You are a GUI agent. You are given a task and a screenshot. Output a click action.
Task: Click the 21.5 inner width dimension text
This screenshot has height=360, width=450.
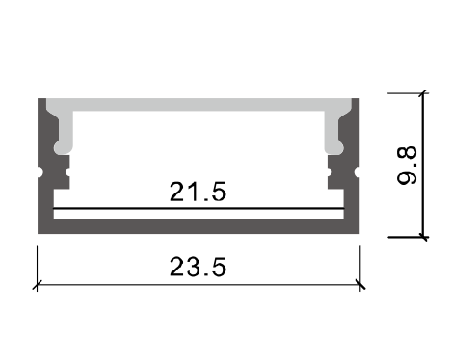[x=199, y=192]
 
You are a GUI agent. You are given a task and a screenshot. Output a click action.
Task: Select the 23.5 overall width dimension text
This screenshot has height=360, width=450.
[x=199, y=267]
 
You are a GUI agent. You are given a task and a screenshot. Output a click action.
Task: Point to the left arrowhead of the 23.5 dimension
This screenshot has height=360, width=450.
[x=39, y=284]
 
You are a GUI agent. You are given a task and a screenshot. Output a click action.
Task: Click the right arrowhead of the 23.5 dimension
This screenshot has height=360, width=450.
[x=359, y=284]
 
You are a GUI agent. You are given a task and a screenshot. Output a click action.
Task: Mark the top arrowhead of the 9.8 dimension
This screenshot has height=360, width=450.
[x=423, y=95]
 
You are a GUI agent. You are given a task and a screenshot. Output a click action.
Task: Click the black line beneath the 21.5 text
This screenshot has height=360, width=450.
[x=199, y=208]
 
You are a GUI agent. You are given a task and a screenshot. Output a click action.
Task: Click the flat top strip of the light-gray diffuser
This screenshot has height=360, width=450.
[x=199, y=103]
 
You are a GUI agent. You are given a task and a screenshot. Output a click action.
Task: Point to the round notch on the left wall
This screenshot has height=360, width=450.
[x=42, y=173]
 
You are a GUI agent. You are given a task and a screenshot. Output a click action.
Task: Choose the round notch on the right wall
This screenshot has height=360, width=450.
[x=356, y=173]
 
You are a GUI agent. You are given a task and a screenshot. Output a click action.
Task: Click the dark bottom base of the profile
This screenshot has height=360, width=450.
[x=199, y=227]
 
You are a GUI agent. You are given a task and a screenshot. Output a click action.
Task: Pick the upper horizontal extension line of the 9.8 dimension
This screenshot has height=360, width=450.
[x=405, y=92]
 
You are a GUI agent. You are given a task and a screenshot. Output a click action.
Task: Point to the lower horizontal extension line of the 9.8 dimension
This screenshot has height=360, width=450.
[x=405, y=237]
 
